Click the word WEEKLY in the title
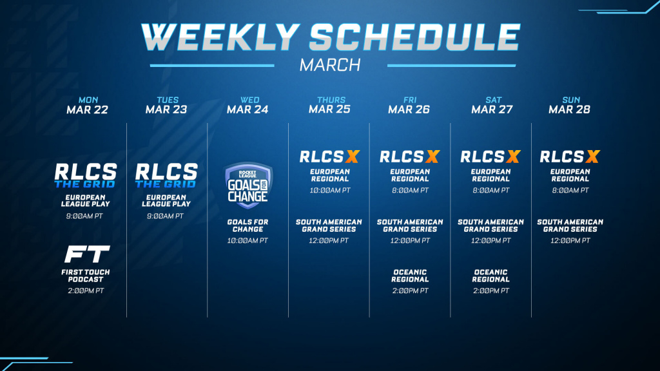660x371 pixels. [x=220, y=37]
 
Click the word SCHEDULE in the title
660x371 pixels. [x=415, y=37]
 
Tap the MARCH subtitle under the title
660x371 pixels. [x=330, y=65]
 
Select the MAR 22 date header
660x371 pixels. [x=87, y=109]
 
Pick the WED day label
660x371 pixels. [x=249, y=100]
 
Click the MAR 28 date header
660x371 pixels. [x=569, y=109]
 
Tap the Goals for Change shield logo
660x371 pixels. [x=248, y=185]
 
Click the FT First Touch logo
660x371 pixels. [x=87, y=254]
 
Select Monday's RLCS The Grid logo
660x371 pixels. [x=86, y=175]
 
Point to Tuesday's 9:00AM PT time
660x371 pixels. [x=166, y=216]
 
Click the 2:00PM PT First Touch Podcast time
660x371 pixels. [x=86, y=290]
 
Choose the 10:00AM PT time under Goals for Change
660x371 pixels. [x=247, y=241]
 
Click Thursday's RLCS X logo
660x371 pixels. [x=329, y=157]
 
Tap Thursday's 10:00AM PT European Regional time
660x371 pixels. [x=330, y=190]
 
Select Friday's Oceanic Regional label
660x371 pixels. [x=410, y=276]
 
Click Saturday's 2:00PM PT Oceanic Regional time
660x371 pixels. [x=491, y=290]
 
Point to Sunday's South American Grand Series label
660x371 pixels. [x=570, y=225]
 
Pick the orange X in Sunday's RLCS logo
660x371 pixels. [x=593, y=157]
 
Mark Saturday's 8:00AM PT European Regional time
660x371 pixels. [x=490, y=190]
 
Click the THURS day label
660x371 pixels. [x=331, y=100]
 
